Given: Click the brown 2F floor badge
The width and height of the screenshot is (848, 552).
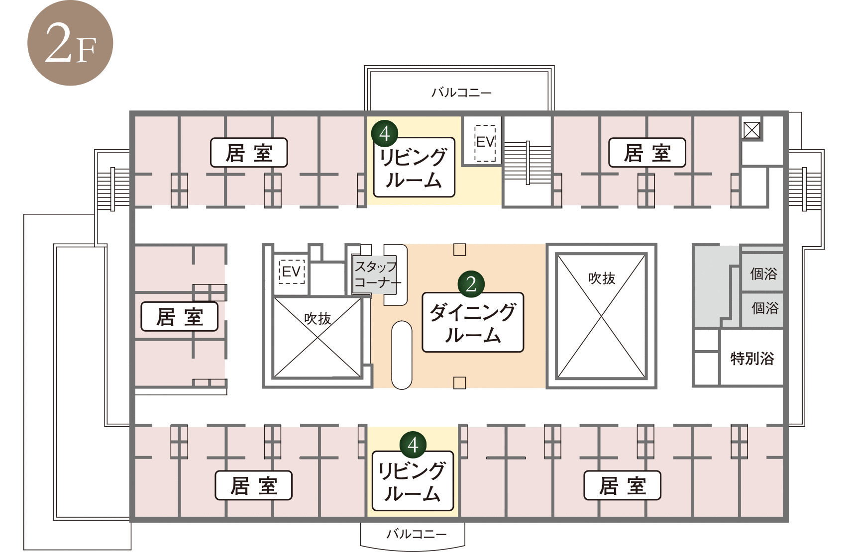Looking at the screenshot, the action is pos(70,42).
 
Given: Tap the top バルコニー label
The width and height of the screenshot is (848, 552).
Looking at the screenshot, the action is pos(461,92).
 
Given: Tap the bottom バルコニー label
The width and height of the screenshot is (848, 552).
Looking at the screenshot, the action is pos(417,534).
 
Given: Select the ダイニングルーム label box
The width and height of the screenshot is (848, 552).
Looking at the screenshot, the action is pos(473,322).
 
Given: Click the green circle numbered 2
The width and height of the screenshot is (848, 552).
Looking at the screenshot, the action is pos(471,284).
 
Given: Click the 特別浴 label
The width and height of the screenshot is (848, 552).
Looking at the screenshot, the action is pos(752,358).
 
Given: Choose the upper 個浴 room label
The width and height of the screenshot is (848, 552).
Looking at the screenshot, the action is pos(763,274).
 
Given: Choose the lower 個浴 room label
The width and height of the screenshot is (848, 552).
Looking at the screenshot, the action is pos(765,308).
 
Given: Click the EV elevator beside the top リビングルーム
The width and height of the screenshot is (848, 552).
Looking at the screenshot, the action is pos(485,143).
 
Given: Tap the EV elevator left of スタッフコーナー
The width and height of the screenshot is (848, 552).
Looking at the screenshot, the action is pos(292,271).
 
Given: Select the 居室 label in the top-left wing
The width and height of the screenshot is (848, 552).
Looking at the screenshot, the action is pos(249,153).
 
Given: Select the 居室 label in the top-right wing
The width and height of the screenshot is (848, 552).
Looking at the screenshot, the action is pos(647,153).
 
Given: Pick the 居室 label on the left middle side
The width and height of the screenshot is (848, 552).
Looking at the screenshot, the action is pos(180,317).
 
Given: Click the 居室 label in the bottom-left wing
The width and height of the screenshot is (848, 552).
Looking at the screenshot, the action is pos(254,485).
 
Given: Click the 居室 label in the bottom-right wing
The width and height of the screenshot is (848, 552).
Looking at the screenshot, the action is pos(623,485).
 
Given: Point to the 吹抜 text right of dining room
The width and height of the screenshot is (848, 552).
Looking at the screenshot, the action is pos(602,278).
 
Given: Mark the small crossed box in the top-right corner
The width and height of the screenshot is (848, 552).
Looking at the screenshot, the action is pos(752,130).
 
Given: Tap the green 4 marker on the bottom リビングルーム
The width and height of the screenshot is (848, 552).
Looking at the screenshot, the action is pos(413,445).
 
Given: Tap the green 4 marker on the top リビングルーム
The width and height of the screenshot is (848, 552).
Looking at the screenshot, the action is pos(385,134).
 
